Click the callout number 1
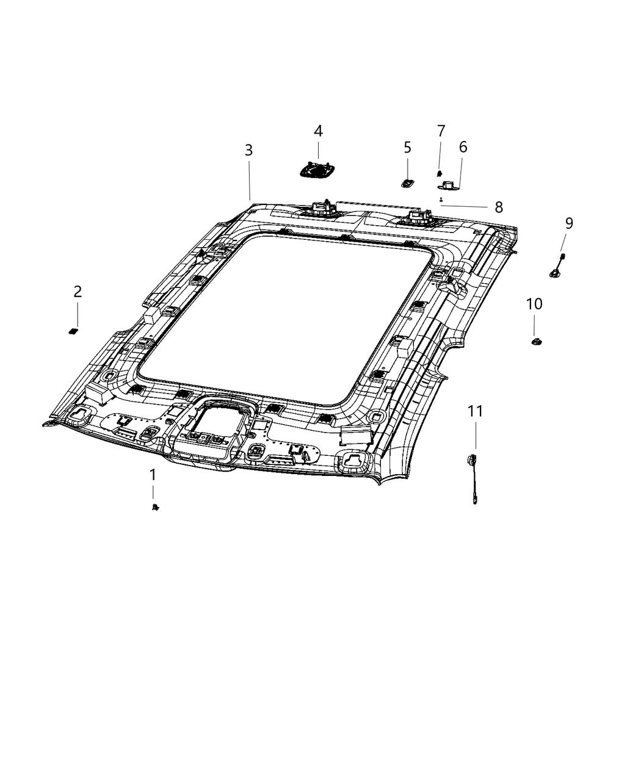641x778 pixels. tap(153, 475)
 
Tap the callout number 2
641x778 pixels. tap(78, 292)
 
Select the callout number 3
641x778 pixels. tap(248, 150)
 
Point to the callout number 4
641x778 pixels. tap(318, 131)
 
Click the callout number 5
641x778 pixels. tap(407, 148)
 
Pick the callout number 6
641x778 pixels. tap(463, 147)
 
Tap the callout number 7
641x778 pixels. tap(441, 131)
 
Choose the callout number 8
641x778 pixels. tap(499, 207)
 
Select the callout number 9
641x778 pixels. tap(568, 223)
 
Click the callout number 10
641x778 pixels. tap(534, 304)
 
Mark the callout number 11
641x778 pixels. tap(475, 411)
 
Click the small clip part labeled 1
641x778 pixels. tap(155, 506)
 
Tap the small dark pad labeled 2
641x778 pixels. tap(74, 331)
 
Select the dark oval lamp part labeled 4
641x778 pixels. tap(317, 170)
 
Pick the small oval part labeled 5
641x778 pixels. tap(407, 182)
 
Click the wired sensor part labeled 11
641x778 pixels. tap(473, 473)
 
